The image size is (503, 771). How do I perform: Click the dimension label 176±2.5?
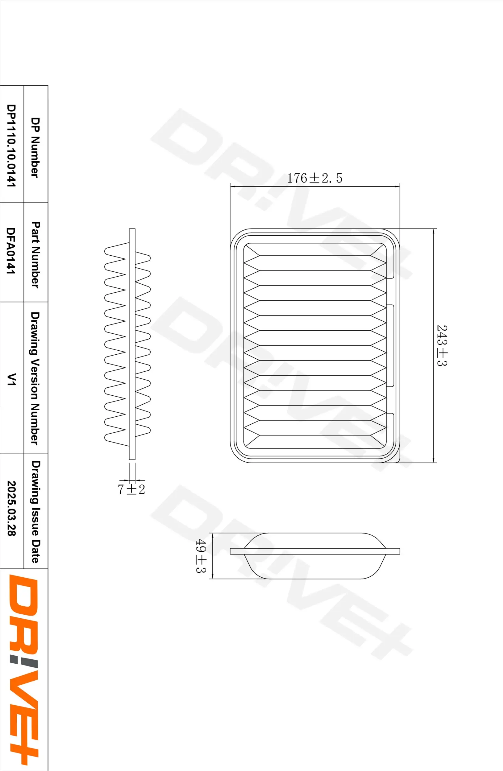[x=314, y=178]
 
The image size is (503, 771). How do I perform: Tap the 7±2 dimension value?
[x=131, y=489]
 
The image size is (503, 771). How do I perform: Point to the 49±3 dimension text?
[x=201, y=556]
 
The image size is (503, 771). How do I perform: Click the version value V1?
[x=12, y=379]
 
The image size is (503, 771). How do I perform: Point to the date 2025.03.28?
[x=12, y=508]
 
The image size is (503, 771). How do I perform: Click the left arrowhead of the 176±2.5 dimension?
[x=232, y=186]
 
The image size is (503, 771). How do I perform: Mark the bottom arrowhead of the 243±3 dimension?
[x=434, y=460]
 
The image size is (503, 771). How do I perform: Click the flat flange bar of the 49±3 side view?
[x=314, y=551]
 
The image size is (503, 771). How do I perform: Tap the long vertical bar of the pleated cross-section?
[x=132, y=343]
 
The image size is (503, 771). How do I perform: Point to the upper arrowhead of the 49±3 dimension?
[x=212, y=535]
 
